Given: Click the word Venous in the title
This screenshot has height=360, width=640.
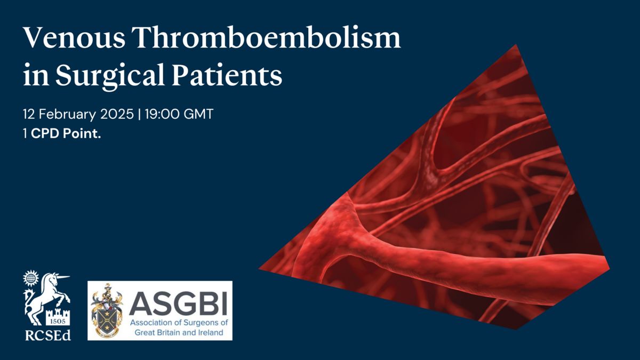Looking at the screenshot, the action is (74, 38).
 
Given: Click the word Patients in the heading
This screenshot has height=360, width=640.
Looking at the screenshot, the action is (227, 75).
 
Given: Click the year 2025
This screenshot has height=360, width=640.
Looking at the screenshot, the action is (117, 114).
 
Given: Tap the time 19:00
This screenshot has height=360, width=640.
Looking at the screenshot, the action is (162, 114).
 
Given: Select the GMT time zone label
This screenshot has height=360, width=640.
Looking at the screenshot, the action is (198, 114).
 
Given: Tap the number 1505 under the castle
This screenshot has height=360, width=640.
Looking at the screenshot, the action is (58, 322).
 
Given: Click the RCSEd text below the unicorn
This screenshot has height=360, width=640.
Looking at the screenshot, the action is (47, 335).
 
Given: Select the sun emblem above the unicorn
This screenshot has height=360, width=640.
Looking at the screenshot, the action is (31, 277).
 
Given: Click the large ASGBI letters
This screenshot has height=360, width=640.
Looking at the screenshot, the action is (178, 303).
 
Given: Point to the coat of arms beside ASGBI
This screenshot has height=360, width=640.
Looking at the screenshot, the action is (107, 310).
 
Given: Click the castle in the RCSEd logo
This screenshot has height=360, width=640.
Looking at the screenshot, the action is (58, 317).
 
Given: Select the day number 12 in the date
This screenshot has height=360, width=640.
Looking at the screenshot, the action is (29, 114).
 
